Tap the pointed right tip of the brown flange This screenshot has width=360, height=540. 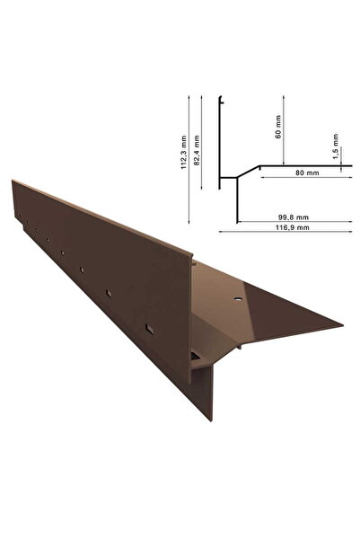[x=344, y=324]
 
